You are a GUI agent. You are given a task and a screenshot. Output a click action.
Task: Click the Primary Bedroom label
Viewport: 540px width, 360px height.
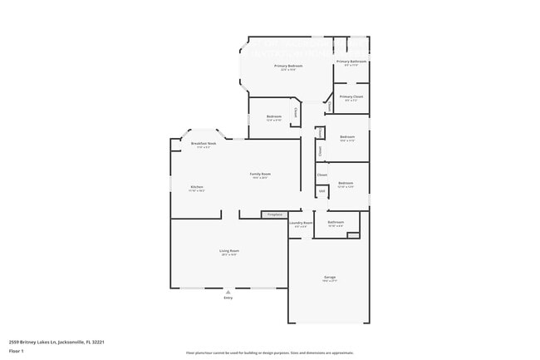point(276,65)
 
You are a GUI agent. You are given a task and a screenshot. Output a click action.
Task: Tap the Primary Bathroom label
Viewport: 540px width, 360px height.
point(351,62)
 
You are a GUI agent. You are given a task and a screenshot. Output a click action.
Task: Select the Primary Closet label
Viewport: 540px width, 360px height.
point(351,96)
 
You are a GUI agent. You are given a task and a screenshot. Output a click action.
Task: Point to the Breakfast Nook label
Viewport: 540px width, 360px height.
point(203,144)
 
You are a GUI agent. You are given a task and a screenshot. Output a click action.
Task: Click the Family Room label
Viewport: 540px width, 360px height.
point(261,174)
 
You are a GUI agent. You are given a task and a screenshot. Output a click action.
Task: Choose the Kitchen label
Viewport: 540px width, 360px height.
point(197,187)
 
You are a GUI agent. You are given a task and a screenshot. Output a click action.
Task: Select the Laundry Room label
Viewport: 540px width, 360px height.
point(301,222)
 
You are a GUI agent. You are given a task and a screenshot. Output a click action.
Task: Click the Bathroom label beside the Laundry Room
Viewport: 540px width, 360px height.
point(336,222)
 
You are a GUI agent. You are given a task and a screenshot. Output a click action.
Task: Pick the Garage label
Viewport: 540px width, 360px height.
point(330,277)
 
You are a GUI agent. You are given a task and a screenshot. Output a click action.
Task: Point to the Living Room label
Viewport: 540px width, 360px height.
point(229,250)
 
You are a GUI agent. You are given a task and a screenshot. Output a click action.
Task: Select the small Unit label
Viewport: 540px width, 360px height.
point(322,191)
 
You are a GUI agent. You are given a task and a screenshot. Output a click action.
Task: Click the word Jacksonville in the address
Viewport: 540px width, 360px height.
point(75,342)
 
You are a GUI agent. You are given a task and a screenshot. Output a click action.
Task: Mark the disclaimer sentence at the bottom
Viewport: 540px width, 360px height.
point(269,353)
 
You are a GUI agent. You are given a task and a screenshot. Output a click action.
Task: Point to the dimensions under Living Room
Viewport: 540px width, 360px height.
point(229,254)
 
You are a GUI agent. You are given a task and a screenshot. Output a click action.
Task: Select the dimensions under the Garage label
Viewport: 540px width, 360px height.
point(330,281)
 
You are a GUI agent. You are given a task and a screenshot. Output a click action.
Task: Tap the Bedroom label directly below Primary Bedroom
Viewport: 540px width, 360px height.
point(274,116)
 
